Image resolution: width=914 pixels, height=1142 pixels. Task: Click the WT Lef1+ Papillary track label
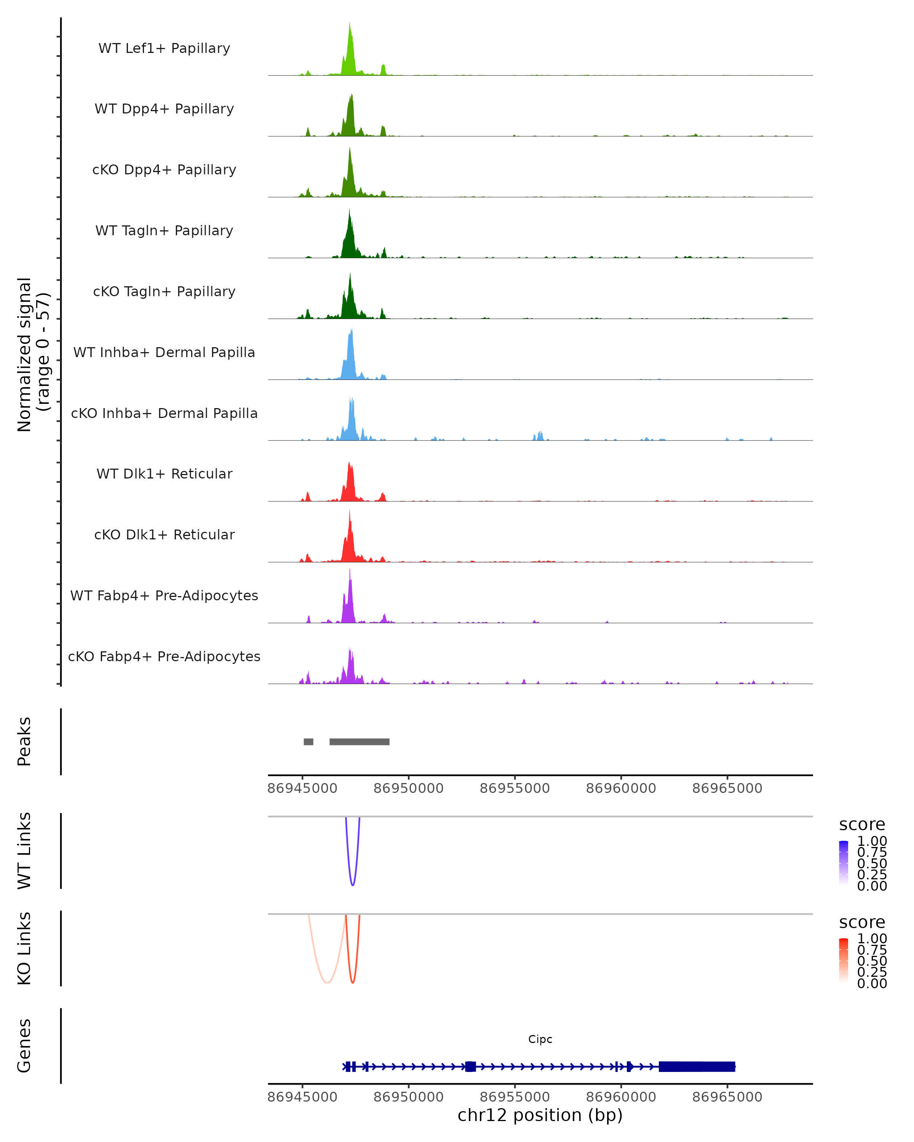[164, 48]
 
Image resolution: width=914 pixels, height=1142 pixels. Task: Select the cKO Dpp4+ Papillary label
[164, 169]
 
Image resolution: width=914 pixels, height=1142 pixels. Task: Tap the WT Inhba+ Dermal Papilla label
[164, 352]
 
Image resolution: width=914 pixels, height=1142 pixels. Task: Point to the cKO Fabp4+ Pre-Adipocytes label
[164, 656]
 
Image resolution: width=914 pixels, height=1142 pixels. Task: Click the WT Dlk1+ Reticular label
[164, 474]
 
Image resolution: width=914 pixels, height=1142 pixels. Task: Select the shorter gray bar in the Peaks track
[308, 742]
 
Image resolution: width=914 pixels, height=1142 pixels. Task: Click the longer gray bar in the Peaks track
[359, 742]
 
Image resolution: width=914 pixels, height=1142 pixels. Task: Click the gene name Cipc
[540, 1039]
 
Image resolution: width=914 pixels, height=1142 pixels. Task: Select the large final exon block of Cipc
[697, 1066]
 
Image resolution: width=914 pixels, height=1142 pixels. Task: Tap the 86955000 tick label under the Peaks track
[515, 788]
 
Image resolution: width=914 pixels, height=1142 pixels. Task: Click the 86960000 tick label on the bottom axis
[621, 1097]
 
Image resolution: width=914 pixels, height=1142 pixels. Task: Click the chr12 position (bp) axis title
[540, 1115]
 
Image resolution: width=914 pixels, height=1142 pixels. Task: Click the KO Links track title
[24, 949]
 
